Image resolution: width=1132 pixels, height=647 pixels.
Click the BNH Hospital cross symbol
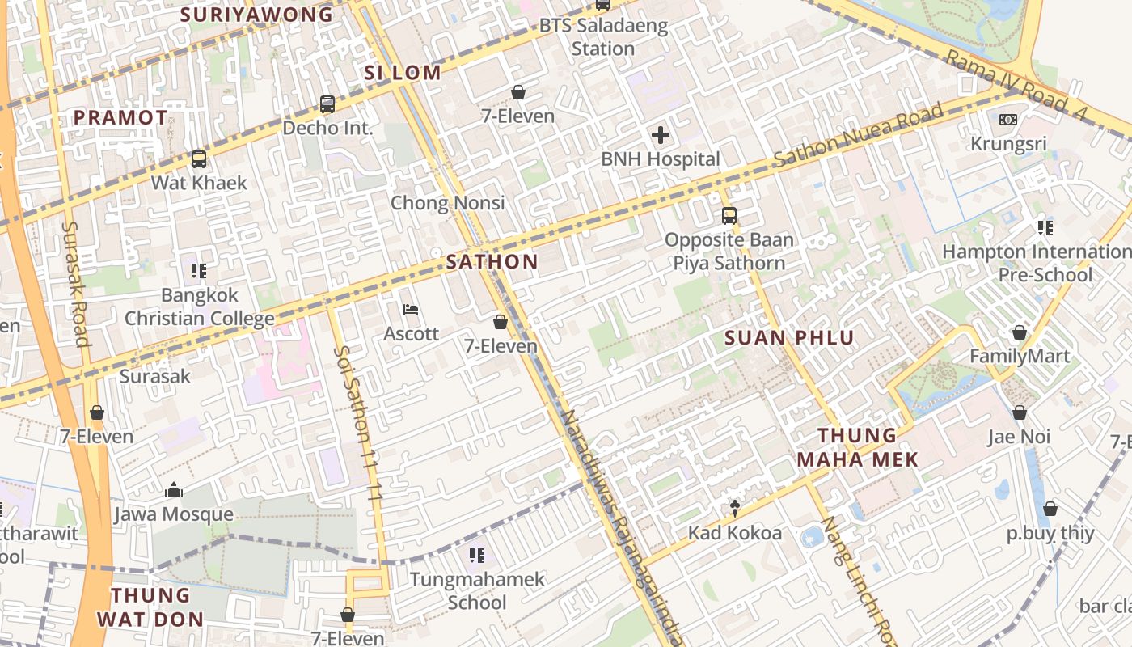pos(661,135)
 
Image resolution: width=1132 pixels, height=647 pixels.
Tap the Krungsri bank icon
pos(1007,120)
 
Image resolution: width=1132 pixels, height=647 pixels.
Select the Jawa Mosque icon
pos(173,490)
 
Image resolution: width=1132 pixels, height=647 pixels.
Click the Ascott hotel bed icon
pos(411,310)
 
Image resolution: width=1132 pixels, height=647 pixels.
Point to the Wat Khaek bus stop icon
pos(199,159)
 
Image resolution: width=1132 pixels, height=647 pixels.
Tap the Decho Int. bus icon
pos(327,104)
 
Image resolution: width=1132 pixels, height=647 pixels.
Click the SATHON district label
pos(492,261)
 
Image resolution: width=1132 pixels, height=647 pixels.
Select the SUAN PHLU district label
pos(789,338)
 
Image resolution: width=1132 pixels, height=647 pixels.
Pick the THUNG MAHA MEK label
pos(858,447)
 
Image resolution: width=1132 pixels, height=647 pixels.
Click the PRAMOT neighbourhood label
pos(120,117)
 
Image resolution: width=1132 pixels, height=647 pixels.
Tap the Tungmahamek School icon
pos(477,556)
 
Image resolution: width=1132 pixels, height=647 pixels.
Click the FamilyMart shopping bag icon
pos(1020,332)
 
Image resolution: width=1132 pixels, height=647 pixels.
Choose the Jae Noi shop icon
pos(1020,412)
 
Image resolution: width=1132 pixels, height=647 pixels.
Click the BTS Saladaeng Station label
pos(603,36)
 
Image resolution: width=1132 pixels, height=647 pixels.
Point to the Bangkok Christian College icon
pos(199,271)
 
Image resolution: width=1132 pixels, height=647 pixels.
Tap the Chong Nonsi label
pos(447,202)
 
